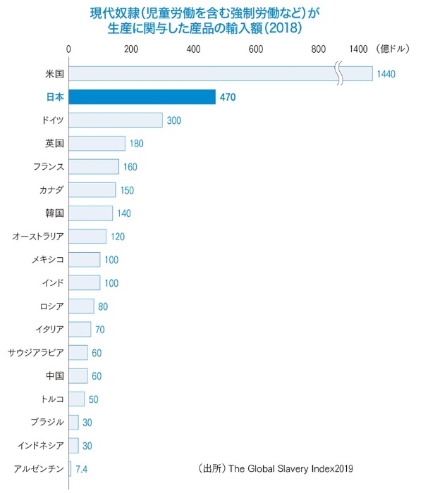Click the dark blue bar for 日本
click(142, 97)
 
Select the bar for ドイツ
click(116, 120)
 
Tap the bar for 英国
click(97, 144)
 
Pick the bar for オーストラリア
click(87, 236)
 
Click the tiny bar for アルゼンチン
click(70, 468)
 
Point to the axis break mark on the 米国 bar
click(340, 74)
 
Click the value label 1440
click(386, 74)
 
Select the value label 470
click(228, 97)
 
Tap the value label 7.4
click(82, 469)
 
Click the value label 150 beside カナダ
click(127, 190)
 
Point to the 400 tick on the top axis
click(194, 49)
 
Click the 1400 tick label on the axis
click(358, 49)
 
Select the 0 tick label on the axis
click(68, 49)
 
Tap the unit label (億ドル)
click(393, 49)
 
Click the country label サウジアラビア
click(36, 352)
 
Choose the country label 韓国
click(55, 213)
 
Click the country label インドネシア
click(41, 445)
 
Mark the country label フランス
click(49, 167)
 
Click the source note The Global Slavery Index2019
click(290, 469)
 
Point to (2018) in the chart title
click(283, 28)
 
